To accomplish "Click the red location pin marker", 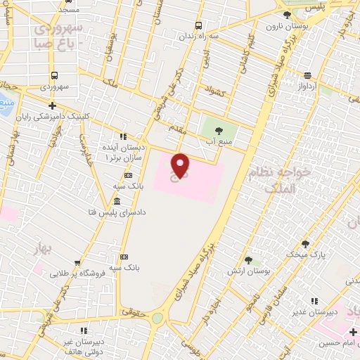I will coord(181,165).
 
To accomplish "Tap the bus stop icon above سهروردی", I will coord(54,76).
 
